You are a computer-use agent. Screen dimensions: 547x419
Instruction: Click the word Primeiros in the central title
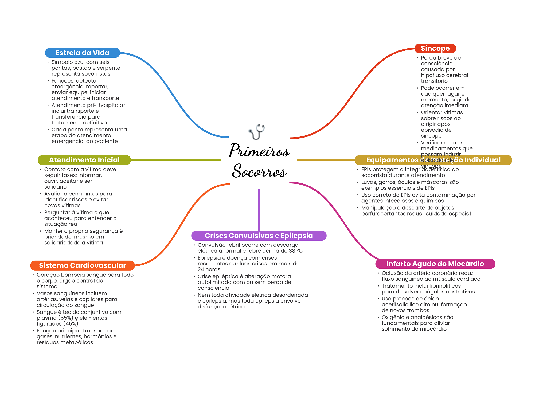pos(259,151)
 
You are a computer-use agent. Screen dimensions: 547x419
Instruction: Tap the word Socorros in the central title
pos(259,171)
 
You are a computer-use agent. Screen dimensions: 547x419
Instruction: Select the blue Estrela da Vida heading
pos(82,53)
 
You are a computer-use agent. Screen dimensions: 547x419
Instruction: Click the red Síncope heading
pos(435,49)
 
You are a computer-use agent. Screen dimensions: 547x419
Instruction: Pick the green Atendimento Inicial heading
pos(84,160)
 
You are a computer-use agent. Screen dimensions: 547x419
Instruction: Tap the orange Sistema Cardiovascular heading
pos(82,265)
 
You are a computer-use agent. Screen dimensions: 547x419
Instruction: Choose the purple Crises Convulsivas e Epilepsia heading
pos(259,236)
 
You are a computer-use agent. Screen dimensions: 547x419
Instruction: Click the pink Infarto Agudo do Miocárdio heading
pos(435,264)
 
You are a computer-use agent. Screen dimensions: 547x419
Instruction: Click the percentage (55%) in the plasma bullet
pos(66,318)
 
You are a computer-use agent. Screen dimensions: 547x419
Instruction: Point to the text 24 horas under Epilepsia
pos(209,269)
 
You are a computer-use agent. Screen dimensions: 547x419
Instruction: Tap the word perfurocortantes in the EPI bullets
pos(384,214)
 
